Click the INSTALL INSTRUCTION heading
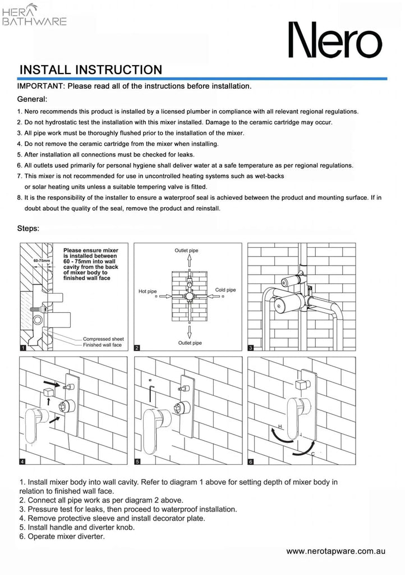90,70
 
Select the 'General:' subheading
32,99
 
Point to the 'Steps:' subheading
28,229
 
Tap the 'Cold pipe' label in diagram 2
225,290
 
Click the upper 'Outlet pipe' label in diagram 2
186,250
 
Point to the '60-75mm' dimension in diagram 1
42,261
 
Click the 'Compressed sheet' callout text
103,339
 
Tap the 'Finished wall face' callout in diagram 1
102,345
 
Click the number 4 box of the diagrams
22,461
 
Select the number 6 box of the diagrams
251,461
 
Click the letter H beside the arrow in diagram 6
273,427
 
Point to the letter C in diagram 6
312,453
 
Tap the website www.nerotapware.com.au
335,551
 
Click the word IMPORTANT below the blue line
42,86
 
